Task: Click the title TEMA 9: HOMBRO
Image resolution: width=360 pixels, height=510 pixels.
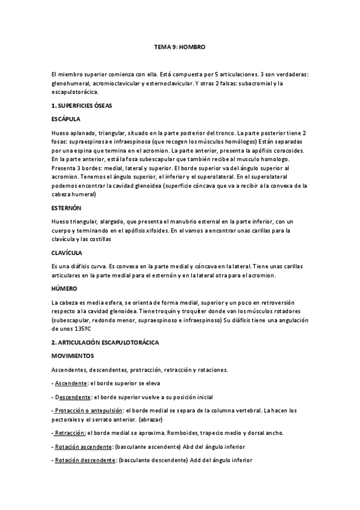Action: pyautogui.click(x=180, y=46)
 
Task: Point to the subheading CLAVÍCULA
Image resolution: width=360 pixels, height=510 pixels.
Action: pyautogui.click(x=67, y=253)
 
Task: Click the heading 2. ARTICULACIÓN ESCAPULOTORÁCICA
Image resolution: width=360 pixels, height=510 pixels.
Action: pyautogui.click(x=105, y=342)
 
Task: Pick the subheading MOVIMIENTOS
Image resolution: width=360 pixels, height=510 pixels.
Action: pyautogui.click(x=73, y=355)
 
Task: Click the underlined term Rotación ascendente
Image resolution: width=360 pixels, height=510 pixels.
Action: pyautogui.click(x=85, y=447)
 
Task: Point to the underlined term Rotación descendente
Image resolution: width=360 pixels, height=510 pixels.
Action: pyautogui.click(x=85, y=461)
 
